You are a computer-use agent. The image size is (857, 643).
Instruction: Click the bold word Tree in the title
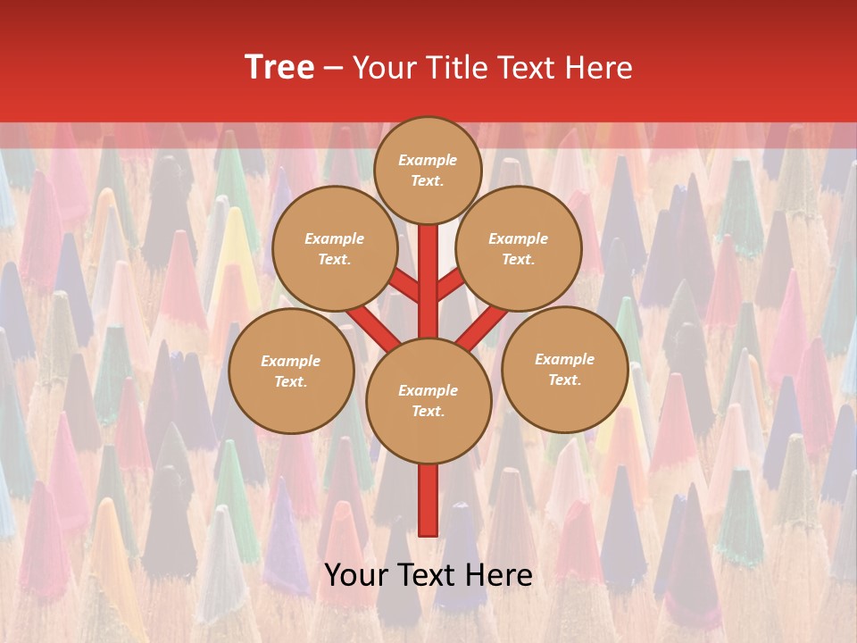(x=279, y=68)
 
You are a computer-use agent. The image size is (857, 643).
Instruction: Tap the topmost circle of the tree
(x=428, y=170)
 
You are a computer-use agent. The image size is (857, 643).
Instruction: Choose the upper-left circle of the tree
(x=334, y=248)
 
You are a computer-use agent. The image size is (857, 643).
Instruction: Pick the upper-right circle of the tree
(x=519, y=248)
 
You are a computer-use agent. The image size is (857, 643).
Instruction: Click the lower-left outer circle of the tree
(x=291, y=371)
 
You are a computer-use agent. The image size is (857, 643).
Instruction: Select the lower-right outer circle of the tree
(x=564, y=369)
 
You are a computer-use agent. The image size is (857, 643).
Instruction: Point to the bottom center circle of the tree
(x=428, y=400)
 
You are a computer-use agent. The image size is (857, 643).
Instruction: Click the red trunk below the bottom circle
(x=428, y=500)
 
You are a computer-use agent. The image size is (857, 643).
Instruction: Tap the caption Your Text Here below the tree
(x=428, y=575)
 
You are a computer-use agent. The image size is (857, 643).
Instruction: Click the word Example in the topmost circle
(x=428, y=160)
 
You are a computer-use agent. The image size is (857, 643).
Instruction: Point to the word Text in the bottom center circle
(x=428, y=411)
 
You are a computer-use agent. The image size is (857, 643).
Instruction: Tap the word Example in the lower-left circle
(x=291, y=361)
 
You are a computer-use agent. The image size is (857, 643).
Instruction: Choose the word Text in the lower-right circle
(x=564, y=380)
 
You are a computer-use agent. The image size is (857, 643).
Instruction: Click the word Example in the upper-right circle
(x=519, y=238)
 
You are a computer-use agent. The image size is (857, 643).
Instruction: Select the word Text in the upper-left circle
(x=334, y=259)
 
